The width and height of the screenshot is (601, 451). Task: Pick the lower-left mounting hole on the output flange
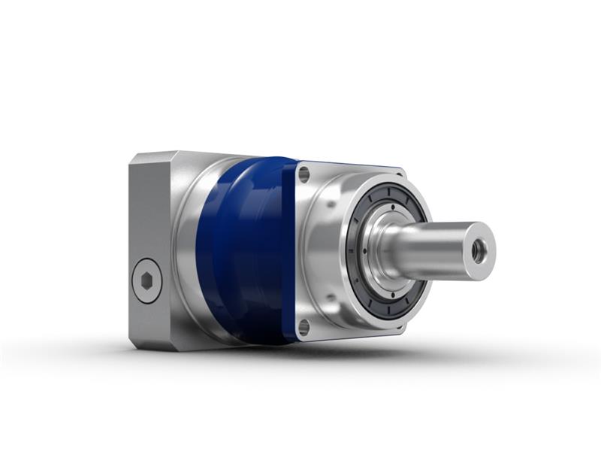coord(304,326)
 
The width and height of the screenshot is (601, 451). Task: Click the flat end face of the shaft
coord(481,244)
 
